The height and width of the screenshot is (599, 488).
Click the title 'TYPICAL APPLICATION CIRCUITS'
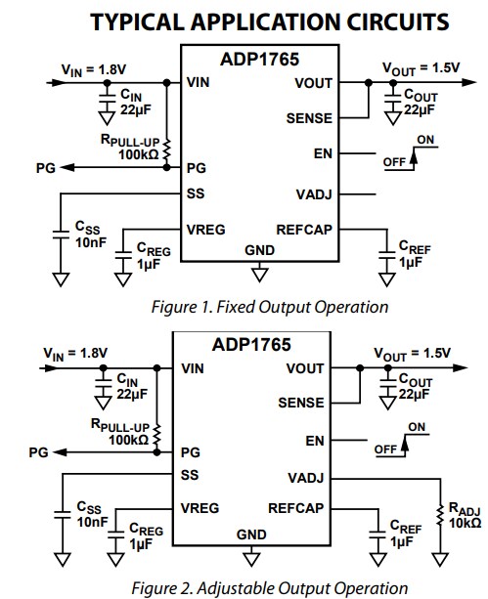click(257, 20)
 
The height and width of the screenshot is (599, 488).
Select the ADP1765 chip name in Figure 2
click(251, 344)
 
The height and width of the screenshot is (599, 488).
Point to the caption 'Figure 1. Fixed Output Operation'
click(269, 307)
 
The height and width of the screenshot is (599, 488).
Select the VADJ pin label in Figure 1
click(313, 193)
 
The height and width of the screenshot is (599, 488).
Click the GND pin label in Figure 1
click(259, 250)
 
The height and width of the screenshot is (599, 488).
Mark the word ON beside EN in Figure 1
click(426, 140)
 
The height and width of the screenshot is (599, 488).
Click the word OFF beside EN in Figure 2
click(387, 449)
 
